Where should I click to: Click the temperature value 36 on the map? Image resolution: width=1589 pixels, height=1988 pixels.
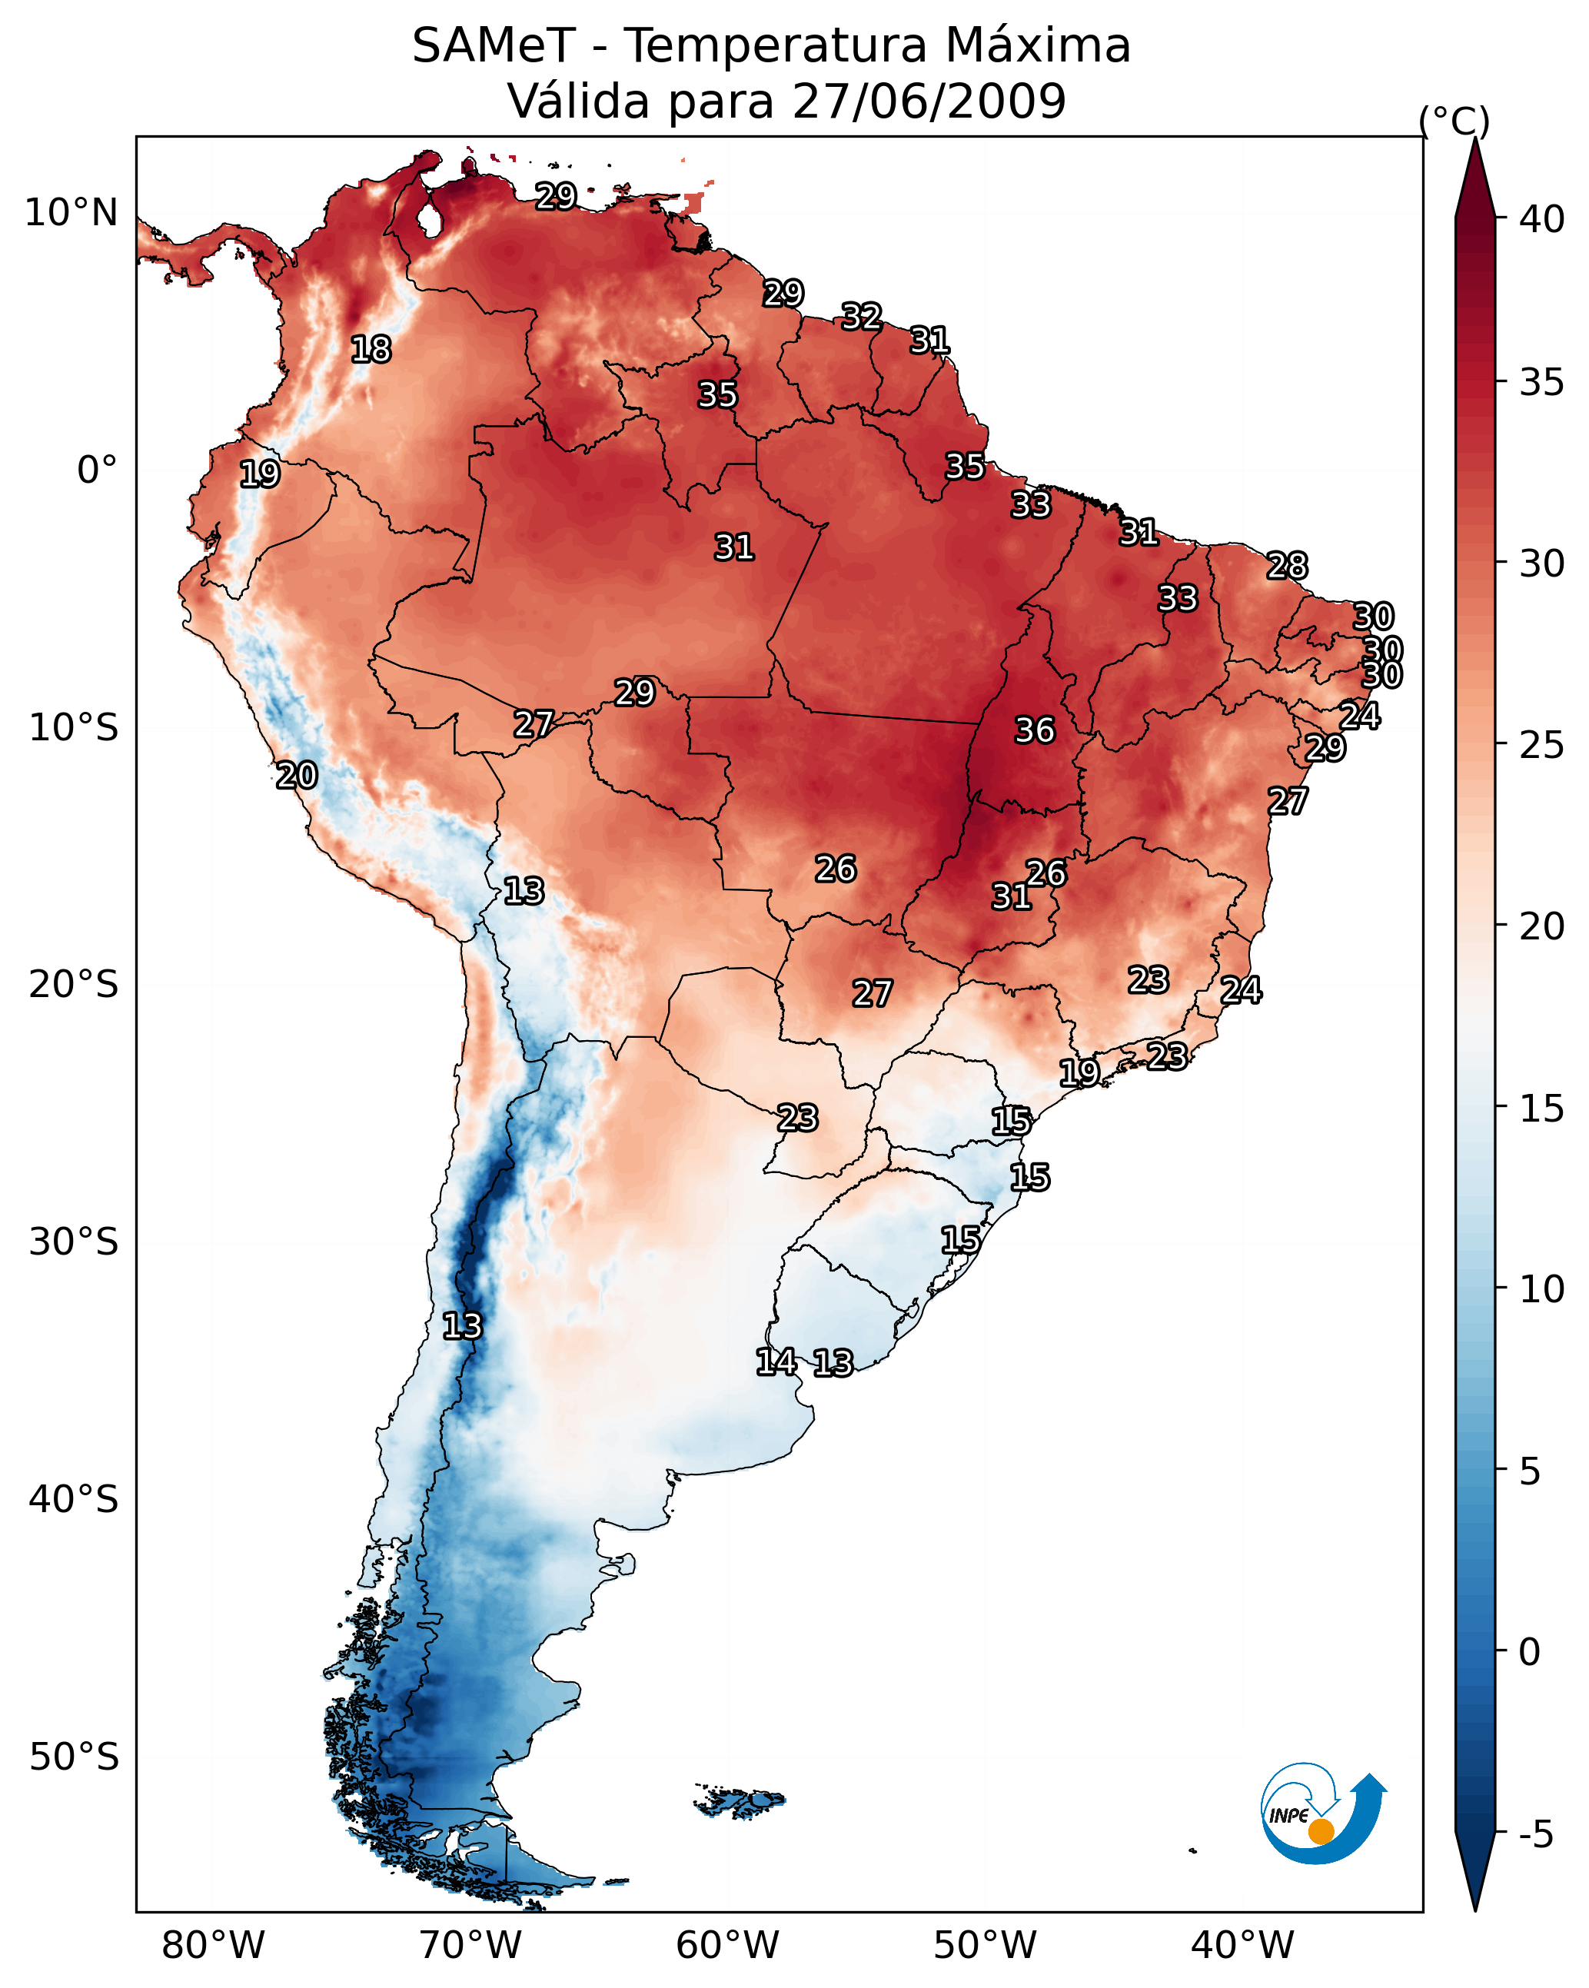pyautogui.click(x=1034, y=730)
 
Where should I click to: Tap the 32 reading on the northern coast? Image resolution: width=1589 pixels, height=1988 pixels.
pyautogui.click(x=861, y=316)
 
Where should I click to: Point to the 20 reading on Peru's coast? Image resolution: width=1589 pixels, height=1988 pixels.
pyautogui.click(x=297, y=775)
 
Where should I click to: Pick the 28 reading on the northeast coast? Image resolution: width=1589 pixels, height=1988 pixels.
pyautogui.click(x=1287, y=565)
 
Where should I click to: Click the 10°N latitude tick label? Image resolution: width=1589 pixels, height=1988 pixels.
pyautogui.click(x=71, y=213)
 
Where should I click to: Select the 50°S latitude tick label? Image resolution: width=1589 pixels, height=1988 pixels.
pyautogui.click(x=74, y=1757)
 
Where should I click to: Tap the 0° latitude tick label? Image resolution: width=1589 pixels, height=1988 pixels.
pyautogui.click(x=98, y=470)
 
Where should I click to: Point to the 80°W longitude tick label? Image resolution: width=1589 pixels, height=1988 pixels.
pyautogui.click(x=213, y=1946)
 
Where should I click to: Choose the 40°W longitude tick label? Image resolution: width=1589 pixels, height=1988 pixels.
pyautogui.click(x=1242, y=1946)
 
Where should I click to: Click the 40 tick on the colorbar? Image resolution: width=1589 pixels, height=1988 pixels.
pyautogui.click(x=1542, y=219)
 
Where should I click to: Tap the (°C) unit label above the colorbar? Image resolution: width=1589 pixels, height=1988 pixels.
pyautogui.click(x=1454, y=121)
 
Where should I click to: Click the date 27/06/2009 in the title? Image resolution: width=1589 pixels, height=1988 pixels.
pyautogui.click(x=929, y=101)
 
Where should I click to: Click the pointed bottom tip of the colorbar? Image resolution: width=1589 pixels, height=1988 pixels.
pyautogui.click(x=1474, y=1910)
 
